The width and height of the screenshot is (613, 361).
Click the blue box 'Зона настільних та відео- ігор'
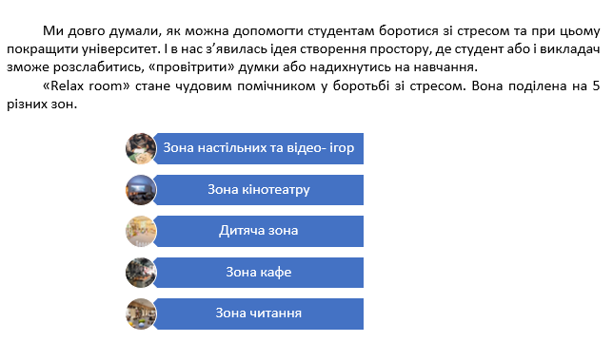pos(258,148)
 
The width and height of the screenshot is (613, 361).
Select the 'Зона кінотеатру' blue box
pos(258,189)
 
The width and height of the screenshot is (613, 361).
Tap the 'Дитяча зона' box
pos(258,231)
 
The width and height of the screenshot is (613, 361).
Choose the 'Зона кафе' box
pos(258,273)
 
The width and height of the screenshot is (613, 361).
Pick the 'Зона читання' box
pos(258,313)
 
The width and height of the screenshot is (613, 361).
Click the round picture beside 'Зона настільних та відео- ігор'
pos(141,148)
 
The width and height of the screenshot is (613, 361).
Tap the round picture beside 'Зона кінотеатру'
pos(141,189)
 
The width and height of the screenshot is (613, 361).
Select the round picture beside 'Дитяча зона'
pos(141,231)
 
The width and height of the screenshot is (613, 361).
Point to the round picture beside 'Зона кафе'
pos(141,273)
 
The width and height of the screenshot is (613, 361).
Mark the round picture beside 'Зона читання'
pos(141,313)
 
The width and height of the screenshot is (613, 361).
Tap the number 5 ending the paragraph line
pos(595,86)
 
